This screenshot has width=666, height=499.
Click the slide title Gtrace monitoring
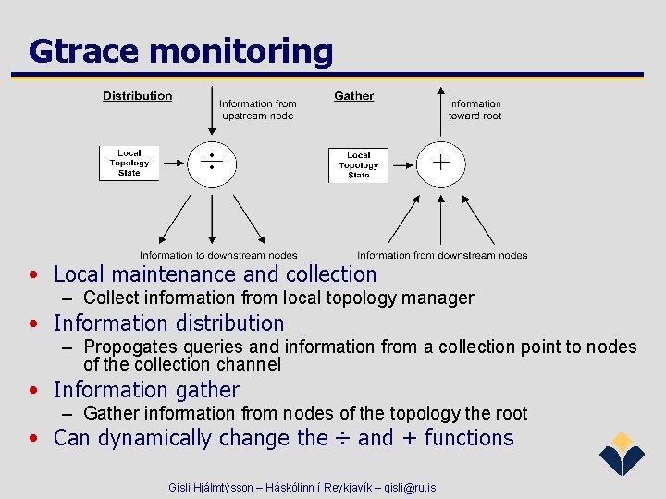pos(180,52)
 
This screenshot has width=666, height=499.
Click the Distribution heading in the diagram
pos(137,96)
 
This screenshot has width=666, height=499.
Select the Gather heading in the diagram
pos(353,96)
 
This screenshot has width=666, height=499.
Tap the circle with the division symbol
pos(213,164)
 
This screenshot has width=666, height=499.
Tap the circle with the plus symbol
pos(441,164)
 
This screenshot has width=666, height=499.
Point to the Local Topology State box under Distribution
pos(129,164)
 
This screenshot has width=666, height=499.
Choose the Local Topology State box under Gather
pos(358,164)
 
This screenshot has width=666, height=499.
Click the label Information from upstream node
pos(257,109)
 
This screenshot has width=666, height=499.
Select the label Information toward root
pos(475,109)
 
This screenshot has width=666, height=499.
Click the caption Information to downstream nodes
pos(218,255)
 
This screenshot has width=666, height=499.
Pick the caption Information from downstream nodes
pos(442,255)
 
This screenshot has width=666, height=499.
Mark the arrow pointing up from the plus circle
pos(441,116)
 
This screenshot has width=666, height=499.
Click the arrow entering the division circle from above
pos(213,116)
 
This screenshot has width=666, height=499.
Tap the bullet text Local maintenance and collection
pos(215,274)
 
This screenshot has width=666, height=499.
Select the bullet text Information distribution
pos(168,323)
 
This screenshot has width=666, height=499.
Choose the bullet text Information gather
pos(146,390)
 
